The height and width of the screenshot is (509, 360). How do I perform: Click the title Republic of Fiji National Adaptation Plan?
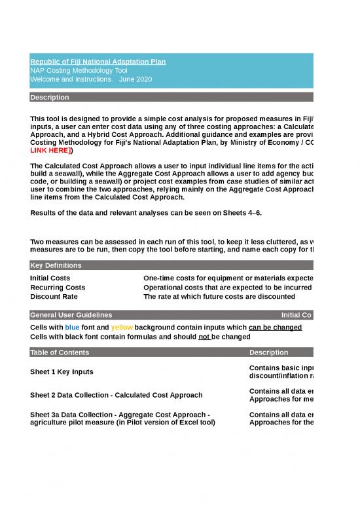[98, 62]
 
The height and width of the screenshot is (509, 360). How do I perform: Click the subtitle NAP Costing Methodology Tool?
[79, 70]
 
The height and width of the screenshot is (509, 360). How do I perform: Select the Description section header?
[50, 98]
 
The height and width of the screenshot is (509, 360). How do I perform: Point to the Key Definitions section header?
[56, 265]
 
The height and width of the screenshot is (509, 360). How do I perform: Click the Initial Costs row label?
[50, 278]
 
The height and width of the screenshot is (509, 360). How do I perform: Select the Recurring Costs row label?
[58, 288]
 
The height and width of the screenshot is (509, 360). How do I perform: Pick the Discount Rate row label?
[53, 296]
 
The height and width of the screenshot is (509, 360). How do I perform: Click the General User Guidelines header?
[71, 315]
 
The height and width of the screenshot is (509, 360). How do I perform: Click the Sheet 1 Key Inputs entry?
[62, 371]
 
